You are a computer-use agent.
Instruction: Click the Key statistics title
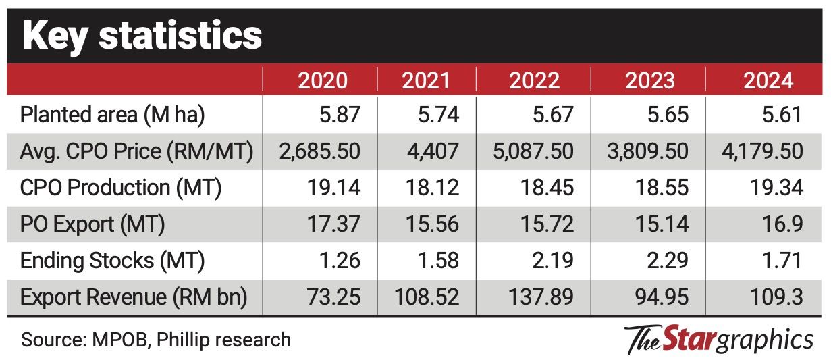coord(142,35)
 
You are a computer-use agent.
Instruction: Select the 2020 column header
coord(323,81)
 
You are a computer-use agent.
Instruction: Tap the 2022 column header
coord(534,81)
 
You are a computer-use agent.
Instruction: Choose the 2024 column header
coord(768,81)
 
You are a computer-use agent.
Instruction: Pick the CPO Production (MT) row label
coord(121,188)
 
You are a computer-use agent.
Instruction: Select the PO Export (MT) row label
coord(93,224)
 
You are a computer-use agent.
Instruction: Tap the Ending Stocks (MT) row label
coord(113,261)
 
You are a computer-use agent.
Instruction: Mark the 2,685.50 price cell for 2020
coord(319,151)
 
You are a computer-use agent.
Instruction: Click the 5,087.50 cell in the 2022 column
coord(533,151)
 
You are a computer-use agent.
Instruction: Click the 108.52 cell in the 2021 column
coord(425,297)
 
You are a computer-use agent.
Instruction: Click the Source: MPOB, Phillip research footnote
coord(156,339)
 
